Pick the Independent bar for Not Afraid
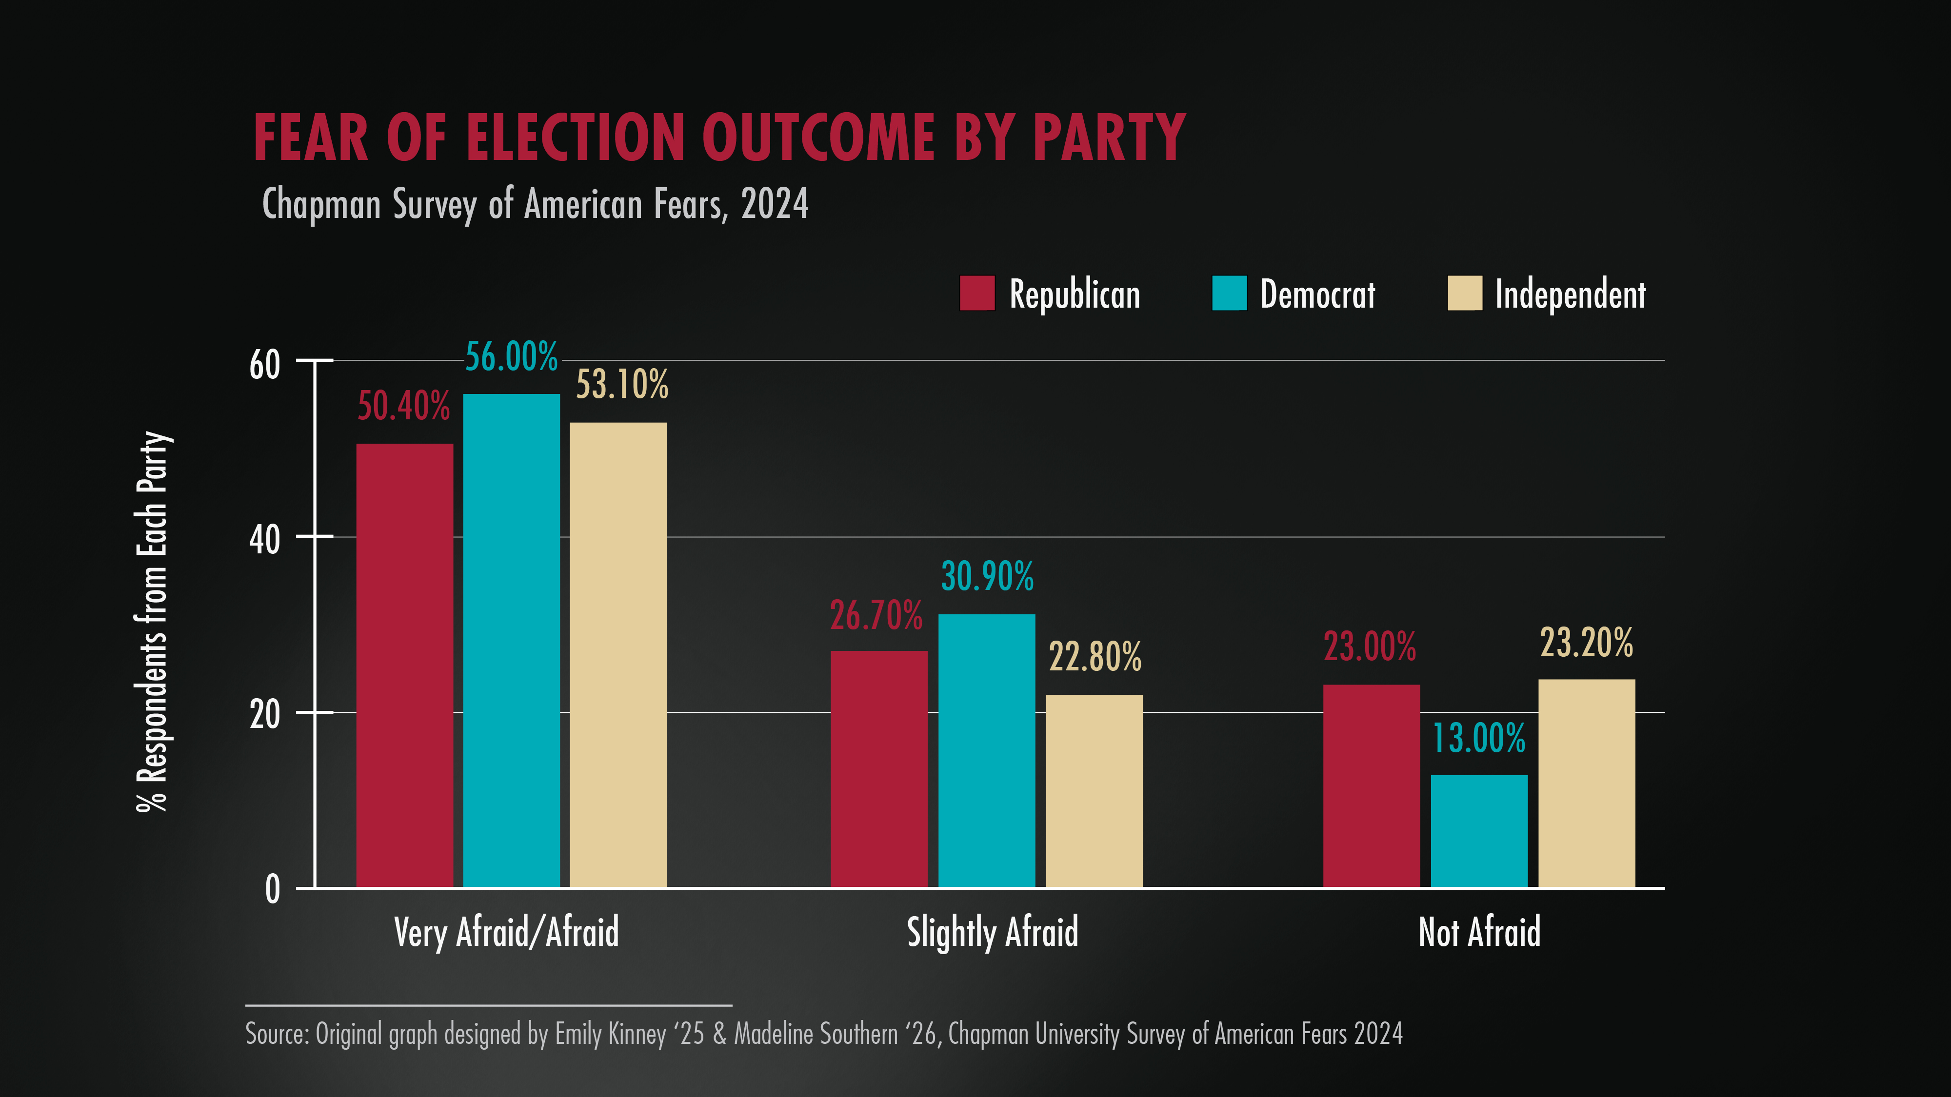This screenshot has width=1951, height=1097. (x=1586, y=783)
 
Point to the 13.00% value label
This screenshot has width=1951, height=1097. (x=1478, y=738)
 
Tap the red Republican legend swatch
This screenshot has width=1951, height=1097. (x=977, y=293)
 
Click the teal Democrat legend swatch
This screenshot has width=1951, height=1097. (x=1229, y=293)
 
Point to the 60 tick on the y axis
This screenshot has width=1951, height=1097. (x=264, y=365)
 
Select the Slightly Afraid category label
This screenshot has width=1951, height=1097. (x=992, y=932)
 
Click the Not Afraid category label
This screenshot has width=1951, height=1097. (x=1478, y=932)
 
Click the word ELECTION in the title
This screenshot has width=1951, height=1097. (x=575, y=138)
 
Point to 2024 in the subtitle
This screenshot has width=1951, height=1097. (x=774, y=204)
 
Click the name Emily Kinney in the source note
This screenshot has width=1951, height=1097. (x=610, y=1034)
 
